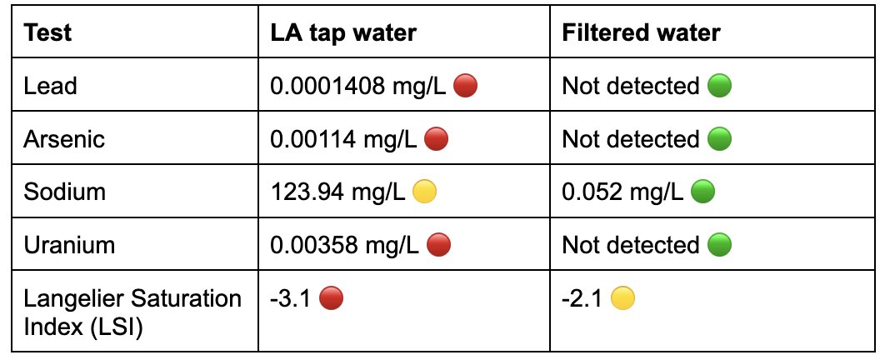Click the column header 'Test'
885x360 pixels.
(x=47, y=33)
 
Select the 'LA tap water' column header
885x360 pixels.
(x=343, y=33)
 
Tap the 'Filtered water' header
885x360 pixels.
(x=641, y=33)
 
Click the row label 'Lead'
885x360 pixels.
(x=50, y=86)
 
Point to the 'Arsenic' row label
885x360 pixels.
(x=64, y=139)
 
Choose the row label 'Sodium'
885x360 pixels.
(x=64, y=192)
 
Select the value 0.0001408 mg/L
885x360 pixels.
(x=360, y=86)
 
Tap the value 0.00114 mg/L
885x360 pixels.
(x=343, y=139)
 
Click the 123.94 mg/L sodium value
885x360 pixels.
(x=337, y=192)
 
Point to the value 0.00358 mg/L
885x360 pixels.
(x=343, y=245)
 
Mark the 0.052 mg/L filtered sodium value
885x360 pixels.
(x=622, y=192)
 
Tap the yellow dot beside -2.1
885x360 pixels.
(x=622, y=298)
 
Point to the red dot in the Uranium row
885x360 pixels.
(x=437, y=245)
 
